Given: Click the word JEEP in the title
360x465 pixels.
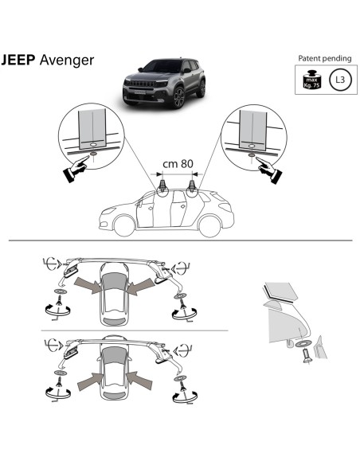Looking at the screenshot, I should click(18, 61).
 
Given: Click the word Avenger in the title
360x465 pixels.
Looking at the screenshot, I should click(65, 61).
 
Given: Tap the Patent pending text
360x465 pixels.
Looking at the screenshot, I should click(323, 59).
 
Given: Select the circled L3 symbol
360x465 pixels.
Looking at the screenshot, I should click(339, 80).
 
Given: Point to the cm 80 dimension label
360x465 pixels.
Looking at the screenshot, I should click(179, 164).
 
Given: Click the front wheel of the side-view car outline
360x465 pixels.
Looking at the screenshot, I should click(123, 225).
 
